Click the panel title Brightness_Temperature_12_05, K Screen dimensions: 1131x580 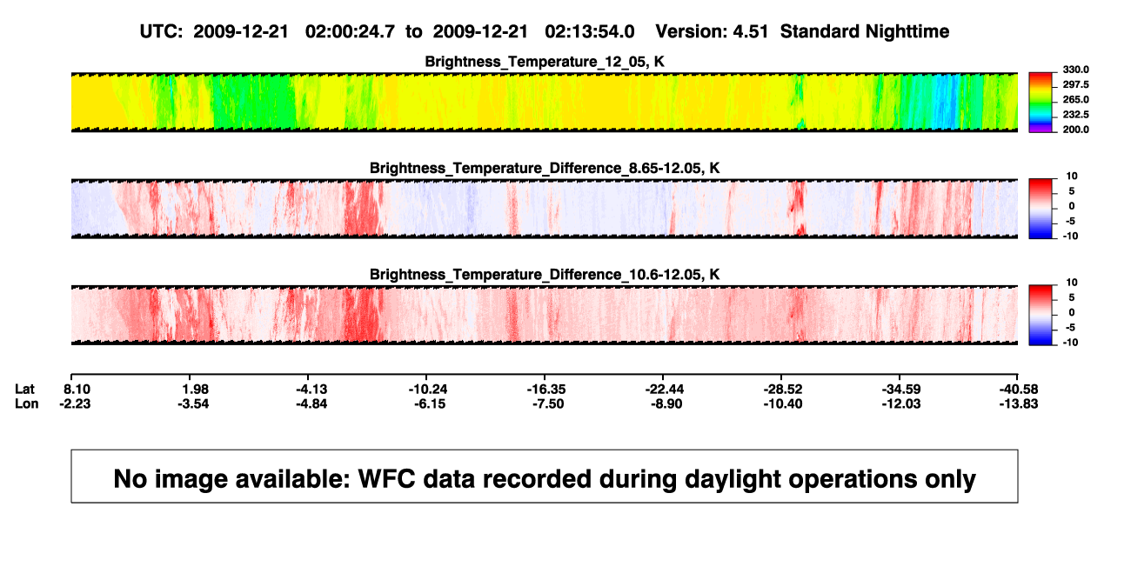pyautogui.click(x=545, y=62)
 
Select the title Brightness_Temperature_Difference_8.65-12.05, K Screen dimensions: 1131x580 pyautogui.click(x=545, y=168)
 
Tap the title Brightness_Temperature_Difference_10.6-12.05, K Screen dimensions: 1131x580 pyautogui.click(x=545, y=275)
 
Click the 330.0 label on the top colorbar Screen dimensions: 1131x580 pyautogui.click(x=1075, y=70)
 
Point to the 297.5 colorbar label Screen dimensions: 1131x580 pyautogui.click(x=1075, y=84)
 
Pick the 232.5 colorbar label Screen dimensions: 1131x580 pyautogui.click(x=1075, y=115)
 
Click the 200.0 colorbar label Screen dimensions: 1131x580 pyautogui.click(x=1075, y=130)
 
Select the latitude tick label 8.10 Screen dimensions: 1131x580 pyautogui.click(x=77, y=390)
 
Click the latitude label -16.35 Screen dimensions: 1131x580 pyautogui.click(x=546, y=390)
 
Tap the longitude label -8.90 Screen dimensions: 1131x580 pyautogui.click(x=666, y=403)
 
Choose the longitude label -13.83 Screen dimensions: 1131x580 pyautogui.click(x=1019, y=403)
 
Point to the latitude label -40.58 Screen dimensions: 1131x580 pyautogui.click(x=1019, y=390)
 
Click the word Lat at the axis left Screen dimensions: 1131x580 pyautogui.click(x=24, y=390)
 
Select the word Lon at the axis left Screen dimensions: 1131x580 pyautogui.click(x=26, y=403)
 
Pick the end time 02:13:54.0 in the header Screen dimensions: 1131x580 pyautogui.click(x=590, y=31)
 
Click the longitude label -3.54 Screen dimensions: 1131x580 pyautogui.click(x=193, y=403)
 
